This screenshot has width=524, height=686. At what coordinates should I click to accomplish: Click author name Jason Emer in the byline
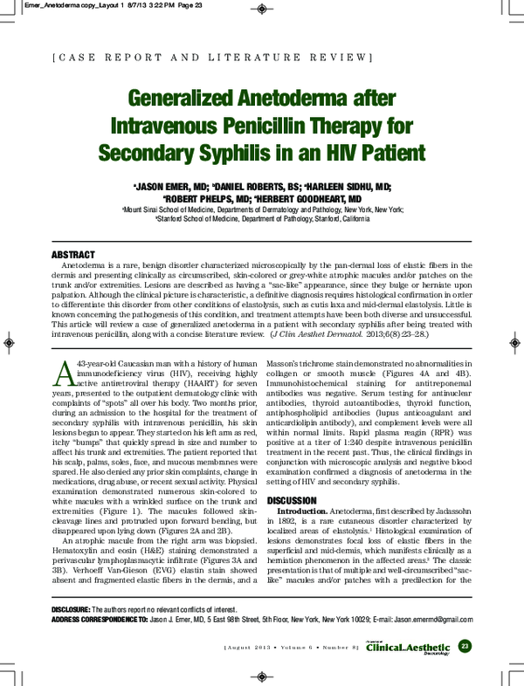[170, 187]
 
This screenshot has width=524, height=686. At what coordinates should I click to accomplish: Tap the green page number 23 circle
[464, 645]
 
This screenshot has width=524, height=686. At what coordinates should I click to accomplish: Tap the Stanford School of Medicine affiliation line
[262, 220]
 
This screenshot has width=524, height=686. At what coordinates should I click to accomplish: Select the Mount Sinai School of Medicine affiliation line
[262, 209]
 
